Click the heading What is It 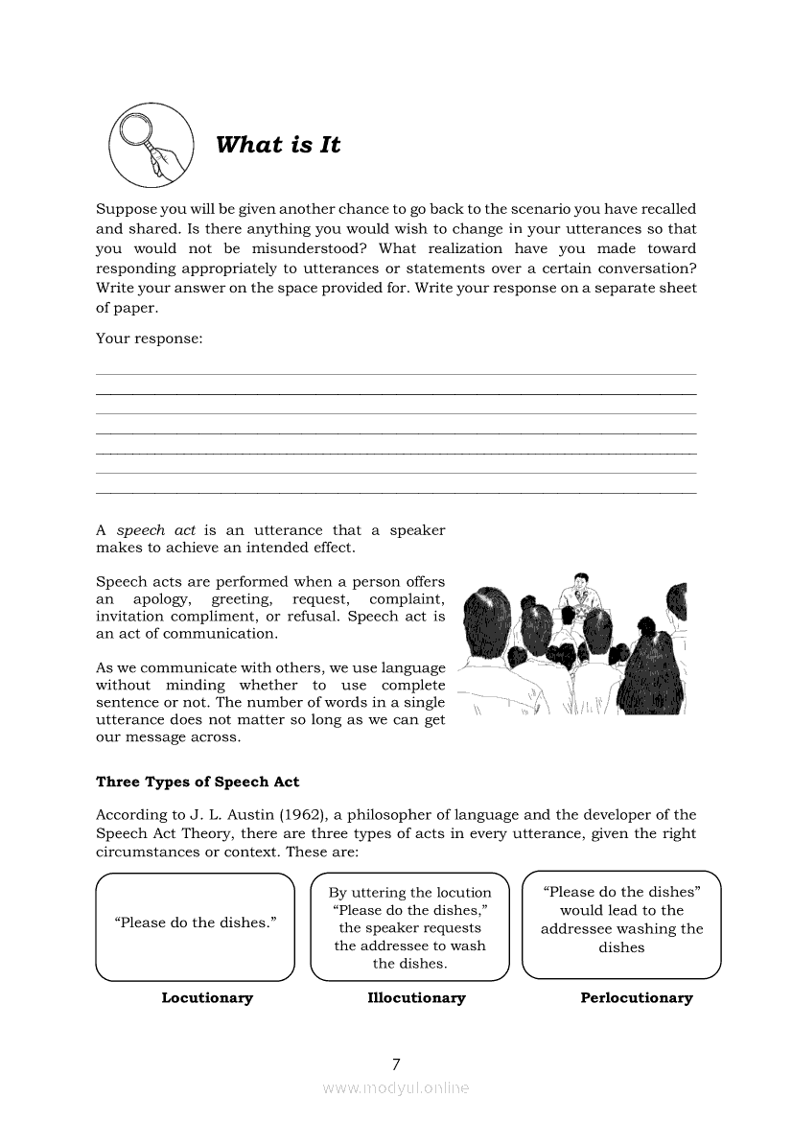[278, 145]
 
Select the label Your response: [149, 339]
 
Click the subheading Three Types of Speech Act [198, 782]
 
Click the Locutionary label [207, 997]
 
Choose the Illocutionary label [416, 997]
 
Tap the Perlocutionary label [636, 997]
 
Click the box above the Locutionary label [196, 926]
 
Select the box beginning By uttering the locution [409, 926]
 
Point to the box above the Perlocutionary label [621, 924]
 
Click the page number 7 [396, 1063]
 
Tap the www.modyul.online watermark [396, 1087]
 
